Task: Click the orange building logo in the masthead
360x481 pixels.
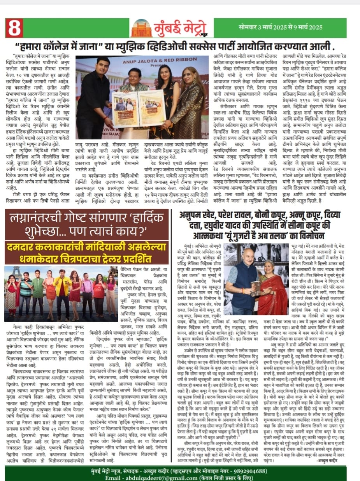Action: [141, 28]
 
